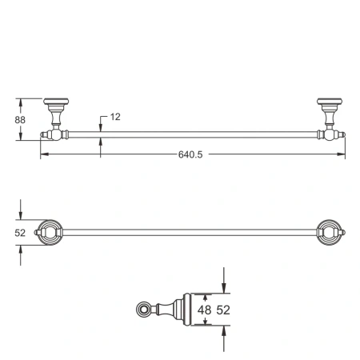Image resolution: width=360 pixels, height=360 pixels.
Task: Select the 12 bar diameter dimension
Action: tap(114, 117)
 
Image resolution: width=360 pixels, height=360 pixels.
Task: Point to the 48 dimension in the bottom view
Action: tap(204, 310)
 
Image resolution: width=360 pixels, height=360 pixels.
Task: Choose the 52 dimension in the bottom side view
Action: tap(226, 310)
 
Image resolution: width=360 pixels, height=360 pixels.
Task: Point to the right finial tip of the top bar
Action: tap(342, 135)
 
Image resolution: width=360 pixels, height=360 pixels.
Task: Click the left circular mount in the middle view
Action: tap(49, 232)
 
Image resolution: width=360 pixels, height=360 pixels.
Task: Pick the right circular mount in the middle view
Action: tap(329, 232)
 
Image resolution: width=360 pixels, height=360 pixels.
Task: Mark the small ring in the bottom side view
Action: tap(145, 309)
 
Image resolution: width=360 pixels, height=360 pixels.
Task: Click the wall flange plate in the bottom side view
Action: tap(188, 309)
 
